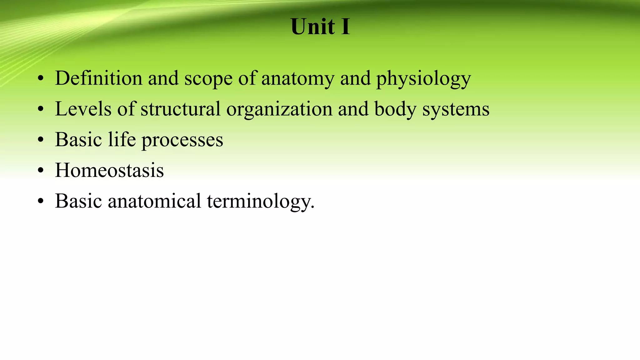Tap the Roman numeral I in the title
click(345, 27)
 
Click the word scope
click(208, 79)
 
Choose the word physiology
click(423, 79)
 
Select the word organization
click(279, 109)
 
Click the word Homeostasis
click(109, 170)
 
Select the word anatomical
click(154, 201)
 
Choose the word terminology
click(261, 202)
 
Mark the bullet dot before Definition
click(40, 79)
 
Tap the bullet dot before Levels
click(40, 110)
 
